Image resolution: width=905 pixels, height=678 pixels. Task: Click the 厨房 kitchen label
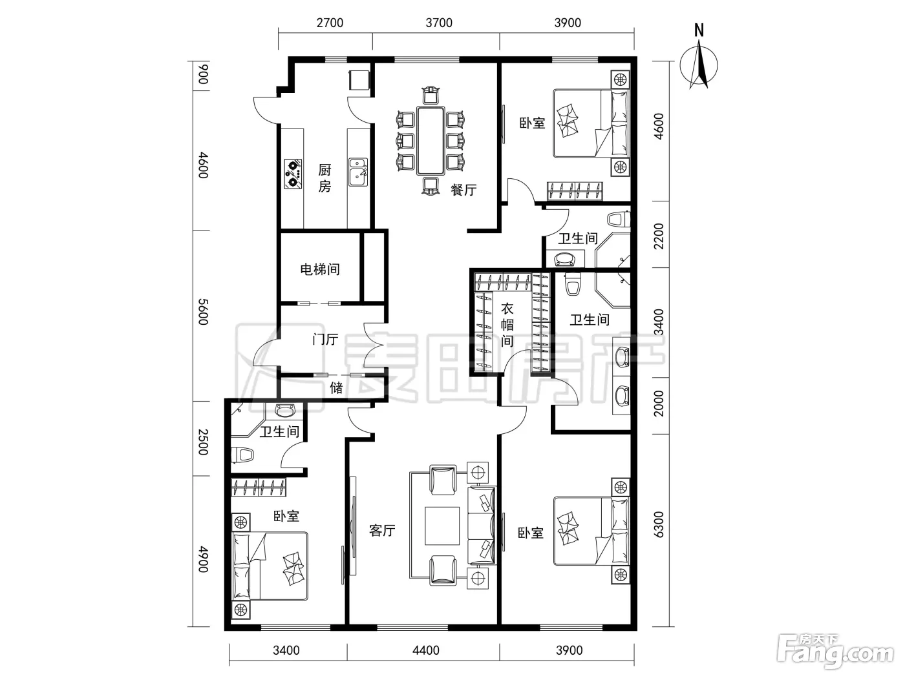tap(325, 178)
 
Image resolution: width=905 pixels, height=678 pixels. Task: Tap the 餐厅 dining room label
tap(463, 190)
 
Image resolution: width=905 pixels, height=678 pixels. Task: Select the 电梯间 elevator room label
tap(320, 269)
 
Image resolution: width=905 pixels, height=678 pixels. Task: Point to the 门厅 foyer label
tap(325, 339)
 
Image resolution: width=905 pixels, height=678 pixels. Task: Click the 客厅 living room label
tap(382, 530)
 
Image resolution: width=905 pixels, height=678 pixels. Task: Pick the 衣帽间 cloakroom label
tap(507, 325)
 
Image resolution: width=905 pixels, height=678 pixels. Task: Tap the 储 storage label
tap(336, 387)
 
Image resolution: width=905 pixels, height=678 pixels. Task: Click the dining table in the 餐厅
tap(430, 141)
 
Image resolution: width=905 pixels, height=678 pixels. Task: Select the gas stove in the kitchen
tap(293, 174)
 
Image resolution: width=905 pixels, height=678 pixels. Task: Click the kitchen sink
tap(358, 172)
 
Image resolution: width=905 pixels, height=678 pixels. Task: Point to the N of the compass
tap(699, 30)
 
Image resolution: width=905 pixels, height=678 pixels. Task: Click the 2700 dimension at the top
tap(330, 23)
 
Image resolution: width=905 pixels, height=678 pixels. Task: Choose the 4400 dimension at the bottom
tap(426, 650)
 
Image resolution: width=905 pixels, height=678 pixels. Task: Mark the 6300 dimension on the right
tap(659, 524)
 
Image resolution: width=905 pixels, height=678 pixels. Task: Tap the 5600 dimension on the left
tap(203, 312)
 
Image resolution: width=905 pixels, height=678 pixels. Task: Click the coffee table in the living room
tap(442, 526)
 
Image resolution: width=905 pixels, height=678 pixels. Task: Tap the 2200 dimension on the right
tap(659, 236)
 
